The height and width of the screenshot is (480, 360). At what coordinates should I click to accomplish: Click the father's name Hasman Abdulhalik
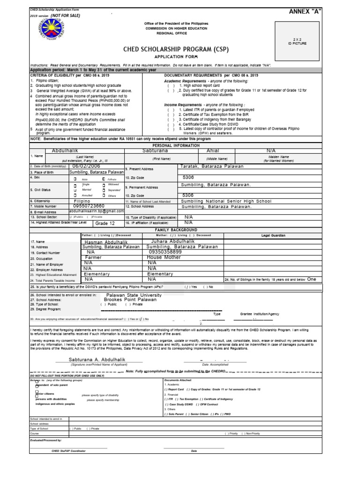(x=108, y=241)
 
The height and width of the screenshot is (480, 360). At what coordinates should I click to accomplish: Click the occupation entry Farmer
(x=93, y=257)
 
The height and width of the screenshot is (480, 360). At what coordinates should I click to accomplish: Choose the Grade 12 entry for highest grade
(x=105, y=223)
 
